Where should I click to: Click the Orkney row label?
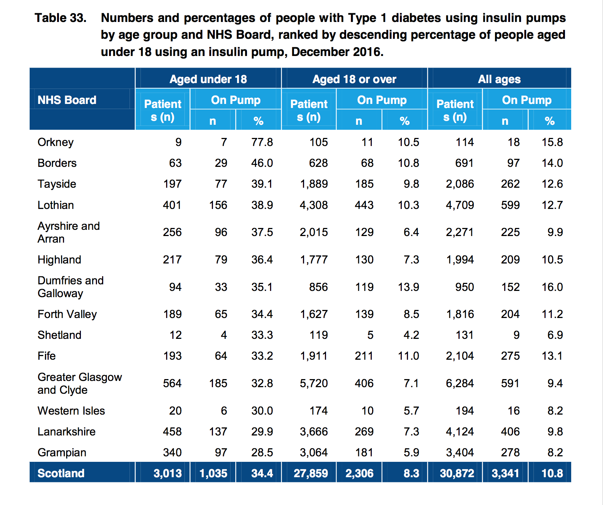coord(56,142)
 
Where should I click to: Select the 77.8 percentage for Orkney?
coord(262,142)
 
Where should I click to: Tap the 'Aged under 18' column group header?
coord(208,79)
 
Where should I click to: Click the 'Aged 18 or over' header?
coord(354,79)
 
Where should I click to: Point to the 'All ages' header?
coord(499,79)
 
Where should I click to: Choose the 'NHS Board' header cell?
coord(67,100)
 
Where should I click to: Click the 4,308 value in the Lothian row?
coord(314,205)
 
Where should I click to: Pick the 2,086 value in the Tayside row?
coord(460,184)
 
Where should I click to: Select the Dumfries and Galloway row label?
coord(71,287)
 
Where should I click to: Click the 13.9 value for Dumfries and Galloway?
coord(408,287)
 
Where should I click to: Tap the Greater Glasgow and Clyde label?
coord(79,383)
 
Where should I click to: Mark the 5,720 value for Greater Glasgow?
coord(314,383)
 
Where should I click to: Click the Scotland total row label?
coord(61,473)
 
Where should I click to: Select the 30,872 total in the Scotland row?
coord(457,473)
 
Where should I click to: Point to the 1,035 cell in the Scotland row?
coord(213,473)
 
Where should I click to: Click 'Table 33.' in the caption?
coord(60,18)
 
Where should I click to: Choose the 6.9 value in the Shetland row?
coord(555,335)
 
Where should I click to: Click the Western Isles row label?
coord(71,411)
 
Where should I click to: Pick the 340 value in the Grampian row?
coord(172,452)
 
